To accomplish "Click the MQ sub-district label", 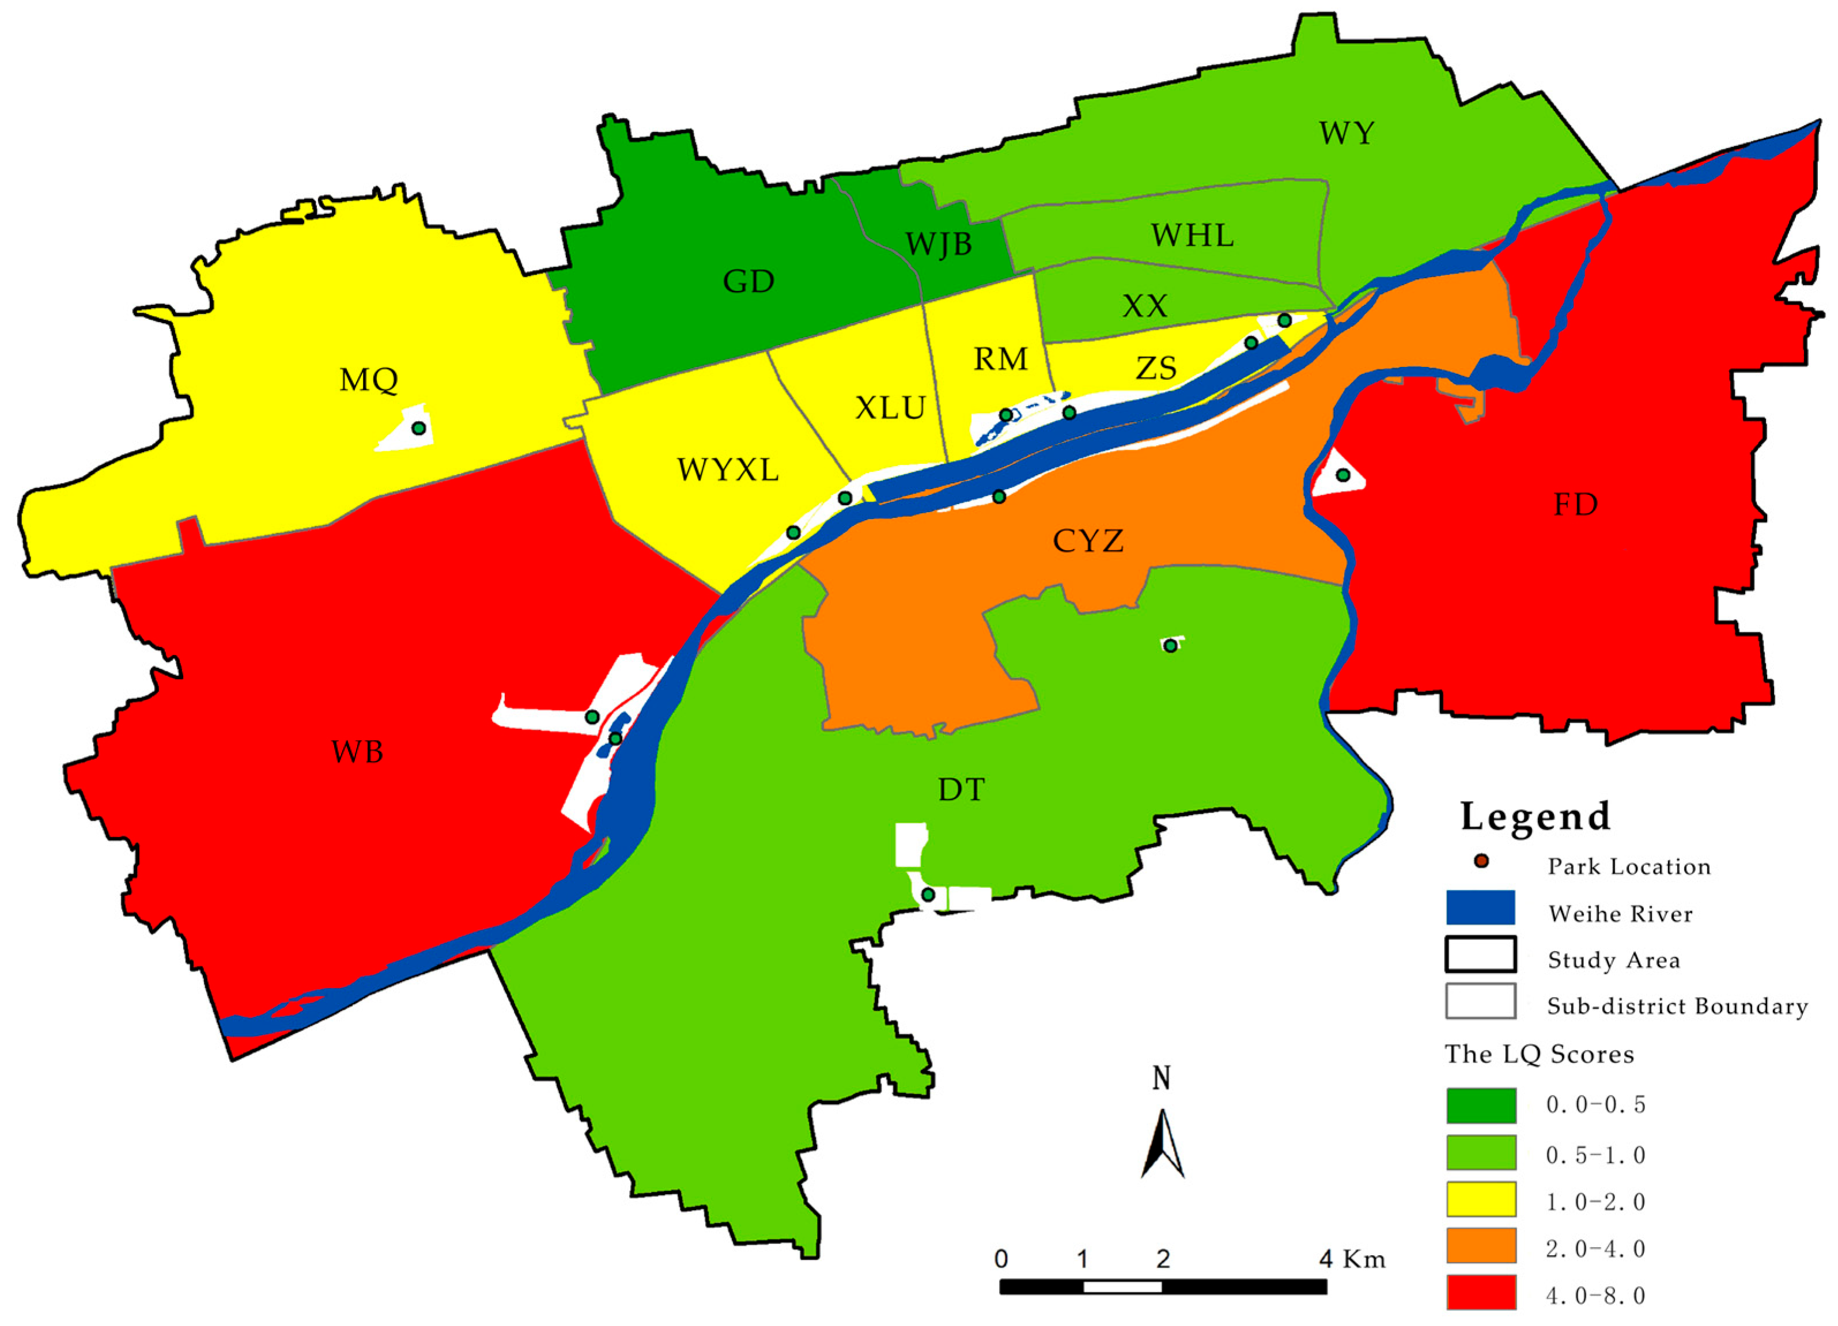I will point(369,379).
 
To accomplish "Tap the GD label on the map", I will point(748,281).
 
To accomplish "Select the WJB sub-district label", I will point(939,244).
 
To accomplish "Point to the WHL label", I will point(1192,235).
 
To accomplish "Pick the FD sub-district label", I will point(1575,505).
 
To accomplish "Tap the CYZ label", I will point(1088,540).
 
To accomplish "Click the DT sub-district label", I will point(961,789).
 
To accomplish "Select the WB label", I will point(357,752).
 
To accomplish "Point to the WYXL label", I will point(728,469).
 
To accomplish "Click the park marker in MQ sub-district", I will point(418,427).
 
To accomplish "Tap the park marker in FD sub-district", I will point(1343,475).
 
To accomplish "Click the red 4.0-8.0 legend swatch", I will point(1481,1292).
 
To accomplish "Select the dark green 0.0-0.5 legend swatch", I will point(1481,1105).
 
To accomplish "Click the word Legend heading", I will point(1535,816).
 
